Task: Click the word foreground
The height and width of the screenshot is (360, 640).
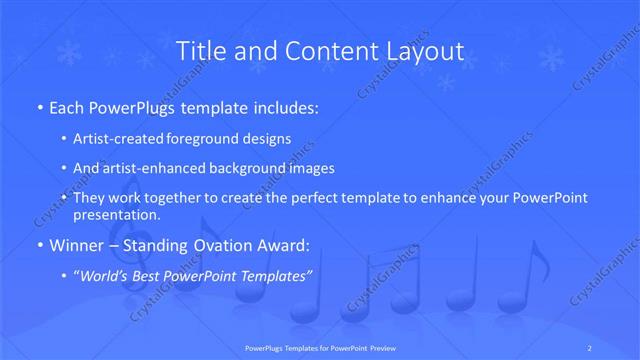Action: click(210, 138)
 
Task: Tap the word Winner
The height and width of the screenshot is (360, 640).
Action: click(74, 244)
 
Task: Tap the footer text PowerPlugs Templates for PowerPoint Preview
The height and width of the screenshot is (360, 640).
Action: click(319, 348)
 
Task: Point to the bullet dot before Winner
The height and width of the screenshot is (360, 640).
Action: click(38, 244)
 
